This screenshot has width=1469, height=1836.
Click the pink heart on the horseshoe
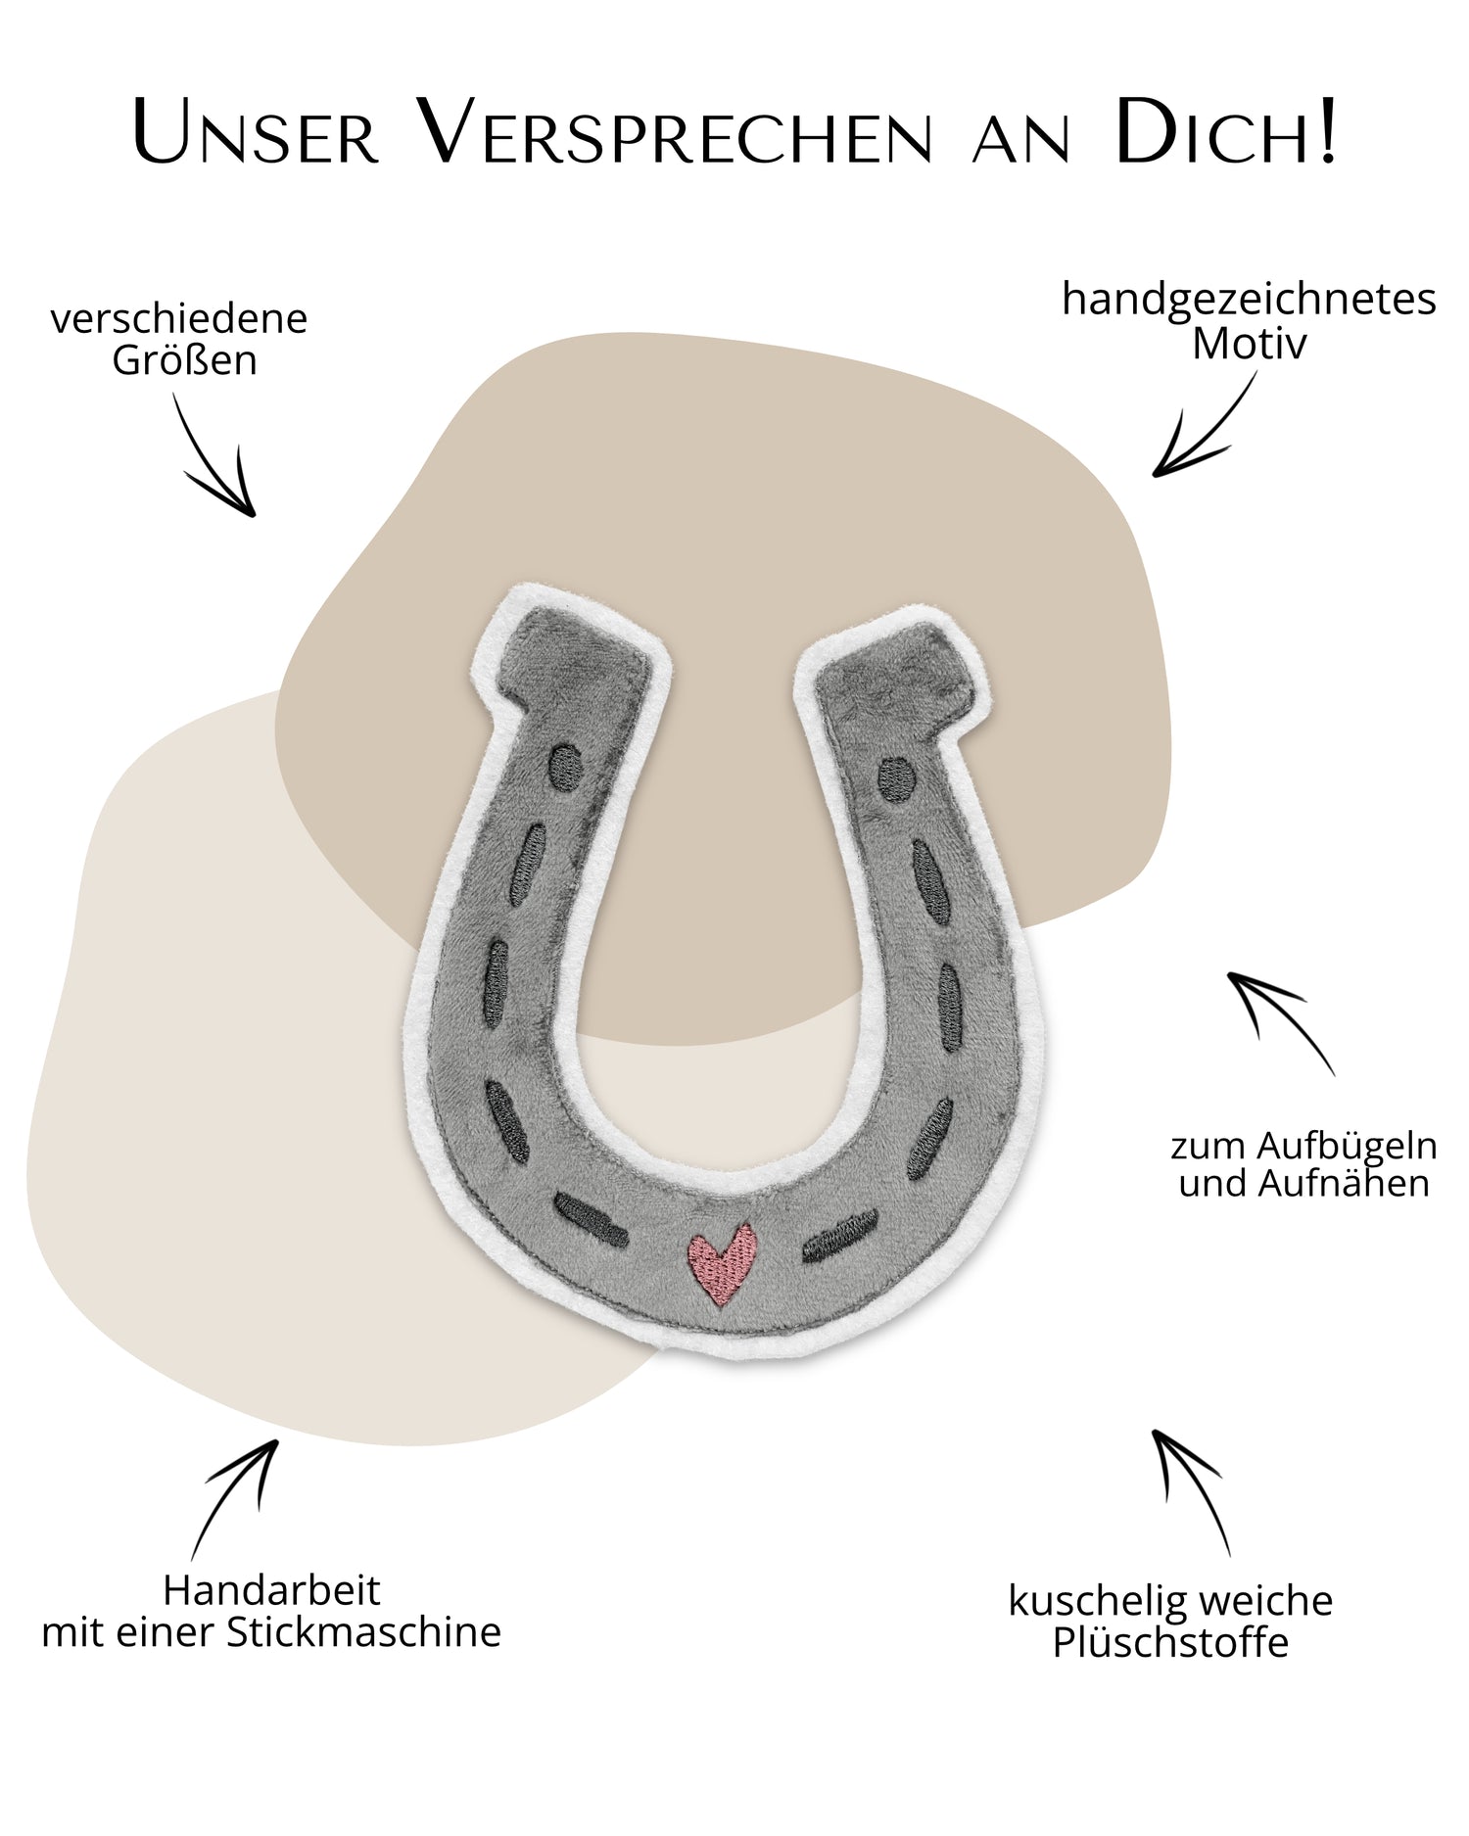click(x=723, y=1262)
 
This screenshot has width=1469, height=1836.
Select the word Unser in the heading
click(x=256, y=133)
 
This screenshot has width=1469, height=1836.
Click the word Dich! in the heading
click(x=1225, y=133)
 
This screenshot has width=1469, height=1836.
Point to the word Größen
click(x=184, y=360)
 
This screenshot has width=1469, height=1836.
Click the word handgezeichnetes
click(x=1249, y=299)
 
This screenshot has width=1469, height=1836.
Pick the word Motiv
click(x=1249, y=344)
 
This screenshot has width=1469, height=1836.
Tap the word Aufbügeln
click(x=1347, y=1146)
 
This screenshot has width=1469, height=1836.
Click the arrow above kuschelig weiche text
click(x=1191, y=1489)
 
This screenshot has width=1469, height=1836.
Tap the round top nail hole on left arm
click(x=566, y=767)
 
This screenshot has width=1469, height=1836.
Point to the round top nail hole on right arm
click(x=896, y=779)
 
